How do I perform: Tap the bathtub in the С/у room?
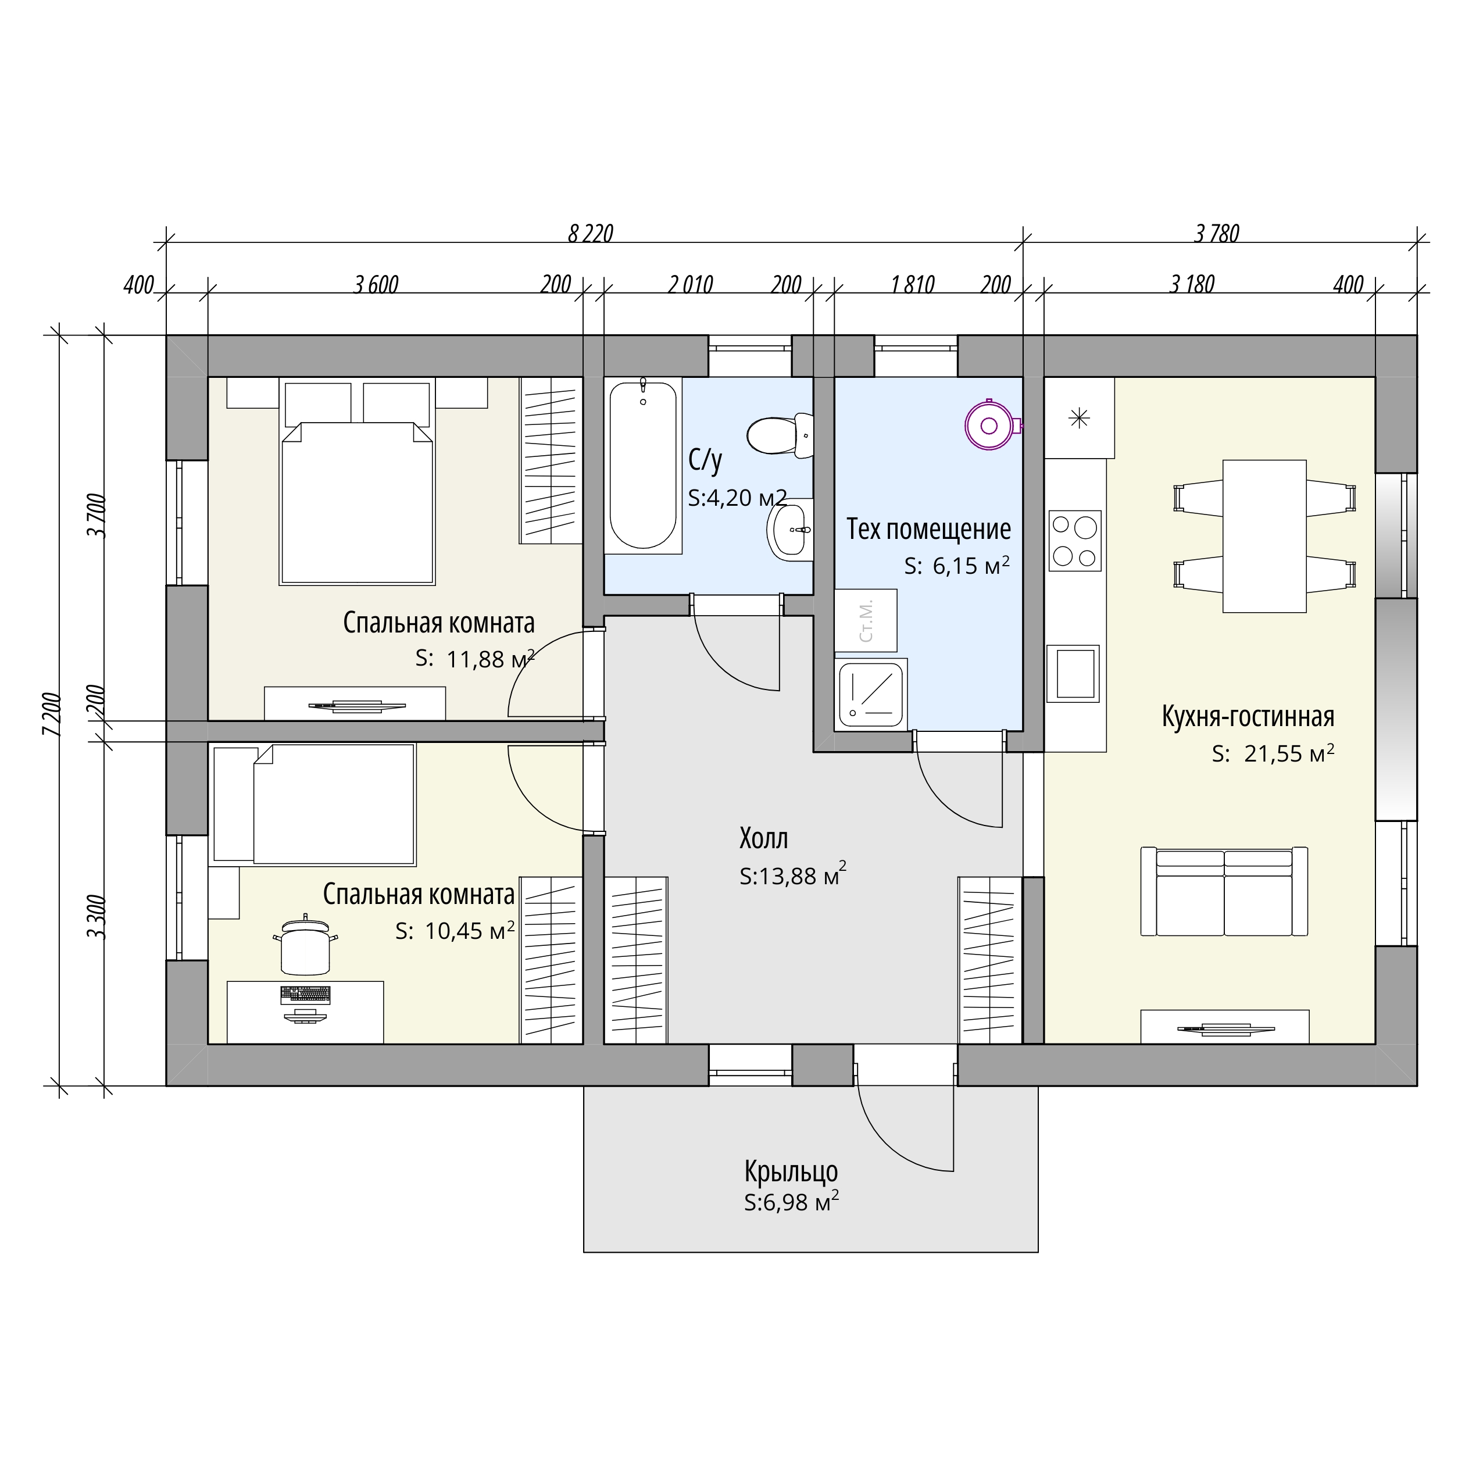coord(643,466)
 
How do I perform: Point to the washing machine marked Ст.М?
coord(866,620)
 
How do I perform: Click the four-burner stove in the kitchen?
coord(1075,540)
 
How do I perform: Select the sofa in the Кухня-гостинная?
coord(1224,891)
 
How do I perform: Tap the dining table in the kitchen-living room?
coord(1264,536)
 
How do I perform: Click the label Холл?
coord(764,838)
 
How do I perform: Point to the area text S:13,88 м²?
coord(792,875)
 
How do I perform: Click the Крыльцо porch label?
coord(791,1171)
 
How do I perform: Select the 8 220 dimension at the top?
coord(591,234)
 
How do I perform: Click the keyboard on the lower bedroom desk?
coord(305,995)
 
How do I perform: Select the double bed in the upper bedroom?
coord(357,503)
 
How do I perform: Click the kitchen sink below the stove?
coord(1073,673)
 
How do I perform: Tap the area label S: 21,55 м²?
coord(1273,753)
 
